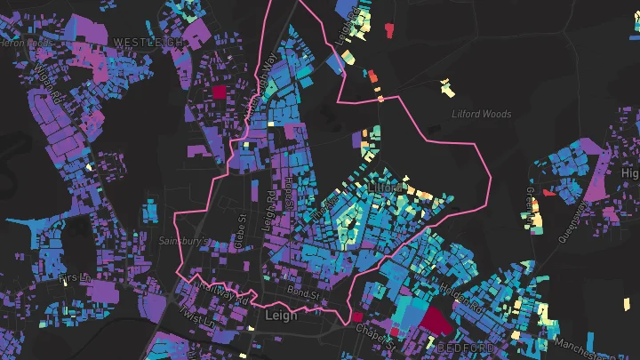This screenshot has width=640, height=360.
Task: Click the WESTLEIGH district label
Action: [148, 42]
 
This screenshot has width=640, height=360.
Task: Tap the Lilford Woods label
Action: [481, 115]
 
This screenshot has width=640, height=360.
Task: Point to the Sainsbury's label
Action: [183, 241]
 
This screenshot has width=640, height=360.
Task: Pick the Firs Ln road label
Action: [75, 279]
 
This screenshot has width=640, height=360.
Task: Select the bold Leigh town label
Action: [282, 316]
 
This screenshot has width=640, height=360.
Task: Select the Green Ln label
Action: [531, 204]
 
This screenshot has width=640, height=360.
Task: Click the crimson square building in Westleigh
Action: [220, 92]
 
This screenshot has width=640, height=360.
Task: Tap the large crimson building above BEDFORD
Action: [435, 319]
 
